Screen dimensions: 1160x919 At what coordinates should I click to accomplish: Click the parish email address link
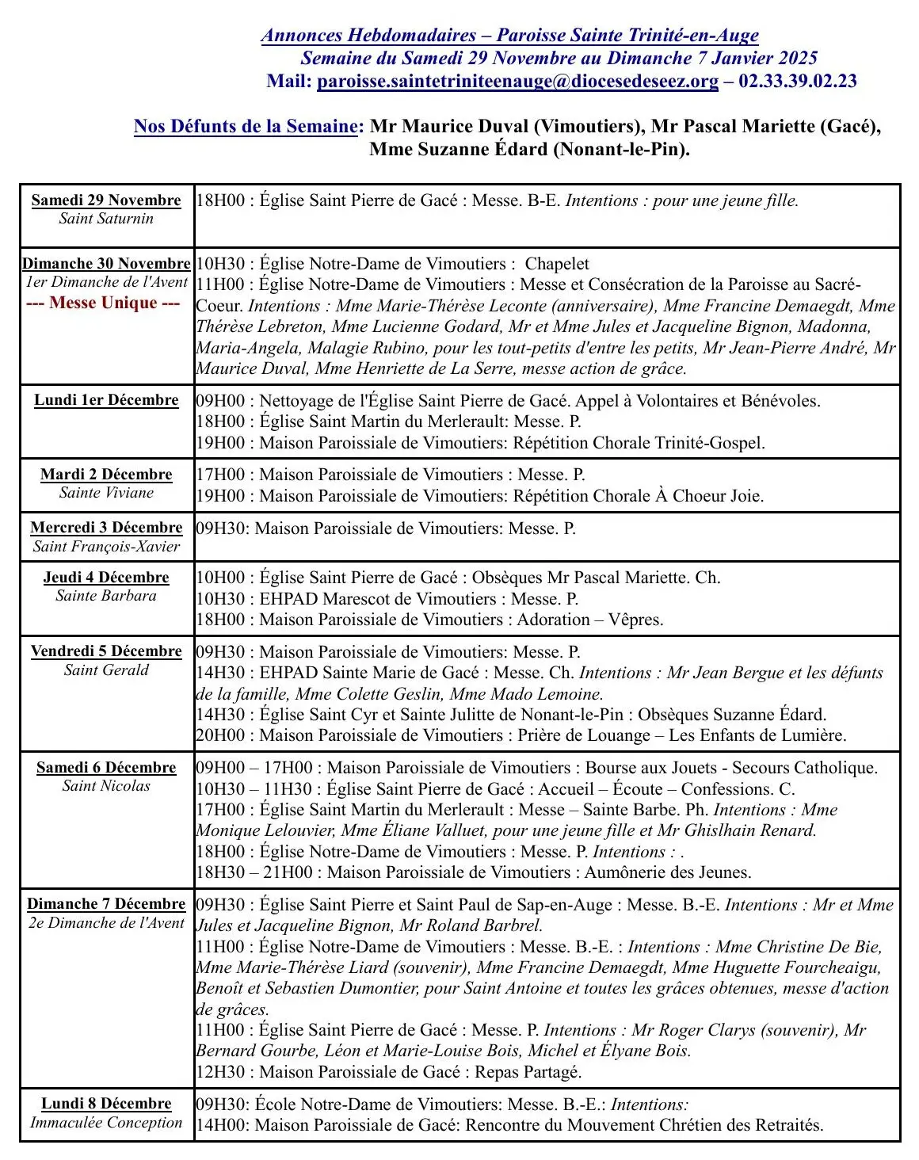[517, 81]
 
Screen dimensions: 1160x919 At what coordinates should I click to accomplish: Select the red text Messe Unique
[103, 303]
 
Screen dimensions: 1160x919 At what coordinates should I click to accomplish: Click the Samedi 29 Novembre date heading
[106, 200]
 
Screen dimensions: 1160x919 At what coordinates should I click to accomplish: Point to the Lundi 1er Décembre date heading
[106, 400]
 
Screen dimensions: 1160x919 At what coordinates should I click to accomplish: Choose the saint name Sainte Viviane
[106, 493]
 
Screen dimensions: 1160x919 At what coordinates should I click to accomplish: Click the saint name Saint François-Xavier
[106, 546]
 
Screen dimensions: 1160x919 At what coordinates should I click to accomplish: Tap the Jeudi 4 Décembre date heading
[106, 578]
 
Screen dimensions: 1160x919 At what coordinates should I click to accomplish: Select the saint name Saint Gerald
[106, 670]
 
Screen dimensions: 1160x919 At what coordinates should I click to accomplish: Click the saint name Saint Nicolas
[106, 786]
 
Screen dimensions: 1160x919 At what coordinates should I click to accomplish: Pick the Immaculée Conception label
[106, 1123]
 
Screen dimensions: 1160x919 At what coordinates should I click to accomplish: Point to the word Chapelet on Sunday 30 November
[557, 264]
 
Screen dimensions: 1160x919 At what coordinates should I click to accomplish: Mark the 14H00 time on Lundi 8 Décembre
[220, 1125]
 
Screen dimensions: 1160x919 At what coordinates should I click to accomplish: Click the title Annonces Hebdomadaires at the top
[368, 35]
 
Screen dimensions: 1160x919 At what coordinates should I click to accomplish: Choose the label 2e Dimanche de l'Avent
[106, 923]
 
